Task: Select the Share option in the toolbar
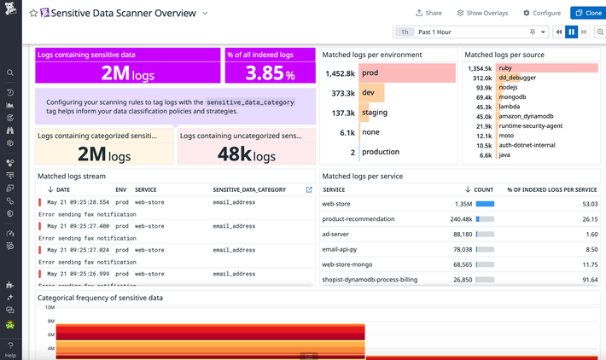click(x=428, y=14)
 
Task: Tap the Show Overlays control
click(x=482, y=14)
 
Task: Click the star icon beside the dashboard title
click(x=34, y=14)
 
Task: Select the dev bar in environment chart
click(x=372, y=93)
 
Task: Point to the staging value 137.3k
click(x=344, y=113)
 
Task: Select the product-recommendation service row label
click(x=358, y=219)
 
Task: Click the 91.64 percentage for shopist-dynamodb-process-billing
click(x=587, y=279)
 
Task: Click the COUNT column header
click(x=483, y=189)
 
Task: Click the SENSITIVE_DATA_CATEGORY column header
click(x=249, y=189)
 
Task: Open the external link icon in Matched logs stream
click(x=309, y=189)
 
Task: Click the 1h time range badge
click(x=405, y=32)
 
